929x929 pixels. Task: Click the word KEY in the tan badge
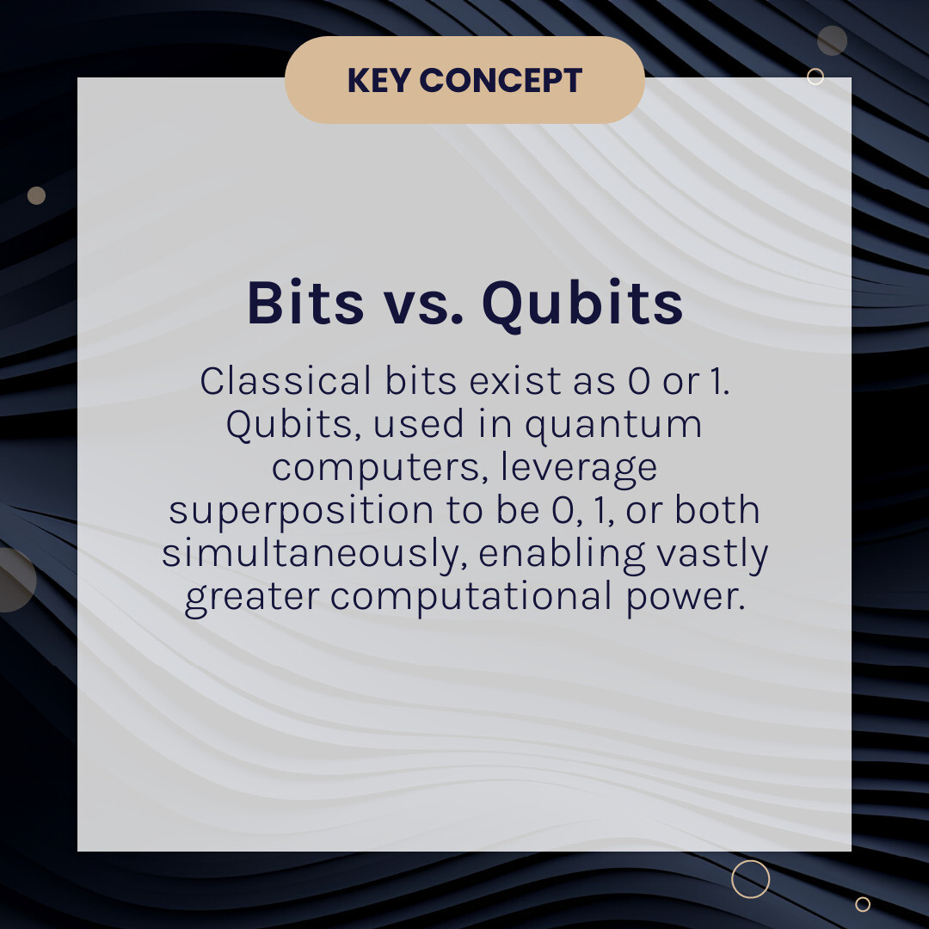pos(379,80)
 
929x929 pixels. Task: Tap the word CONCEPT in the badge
pos(501,80)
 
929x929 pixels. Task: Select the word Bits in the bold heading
pos(305,303)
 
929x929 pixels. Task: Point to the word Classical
pos(286,380)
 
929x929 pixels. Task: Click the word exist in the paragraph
pos(515,380)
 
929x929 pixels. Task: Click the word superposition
pos(301,511)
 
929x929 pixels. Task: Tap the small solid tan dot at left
pos(36,195)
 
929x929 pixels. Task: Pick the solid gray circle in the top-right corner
pos(832,41)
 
